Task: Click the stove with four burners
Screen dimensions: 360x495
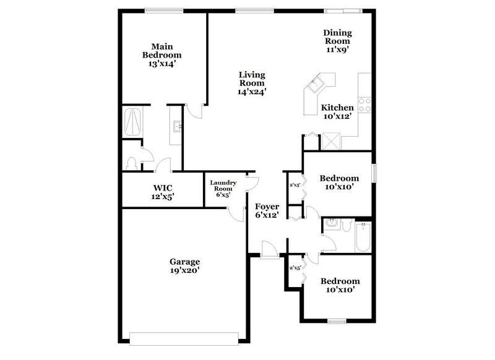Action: coord(365,105)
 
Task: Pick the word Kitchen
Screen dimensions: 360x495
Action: coord(337,108)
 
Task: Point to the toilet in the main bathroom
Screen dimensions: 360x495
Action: coord(131,163)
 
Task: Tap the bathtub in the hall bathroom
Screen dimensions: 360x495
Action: coord(362,237)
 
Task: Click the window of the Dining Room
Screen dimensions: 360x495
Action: coord(342,11)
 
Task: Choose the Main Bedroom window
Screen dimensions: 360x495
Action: coord(163,11)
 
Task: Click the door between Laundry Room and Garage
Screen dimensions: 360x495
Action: coord(235,213)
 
